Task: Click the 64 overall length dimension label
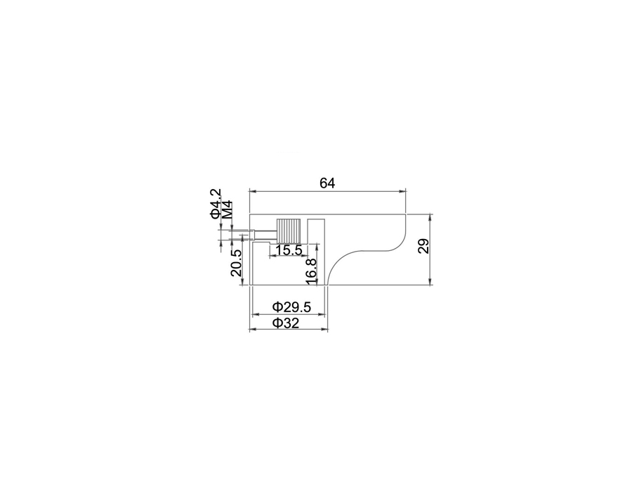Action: tap(327, 183)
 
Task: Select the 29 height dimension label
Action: tap(423, 246)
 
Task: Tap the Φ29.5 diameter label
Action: tap(291, 307)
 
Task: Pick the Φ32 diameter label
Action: tap(286, 323)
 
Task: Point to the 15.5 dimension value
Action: tap(289, 250)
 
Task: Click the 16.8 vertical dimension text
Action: tap(312, 271)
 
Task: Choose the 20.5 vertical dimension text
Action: tap(236, 263)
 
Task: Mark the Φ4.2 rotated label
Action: tap(216, 204)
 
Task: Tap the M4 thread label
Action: tap(228, 209)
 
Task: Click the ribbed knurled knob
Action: tap(288, 231)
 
